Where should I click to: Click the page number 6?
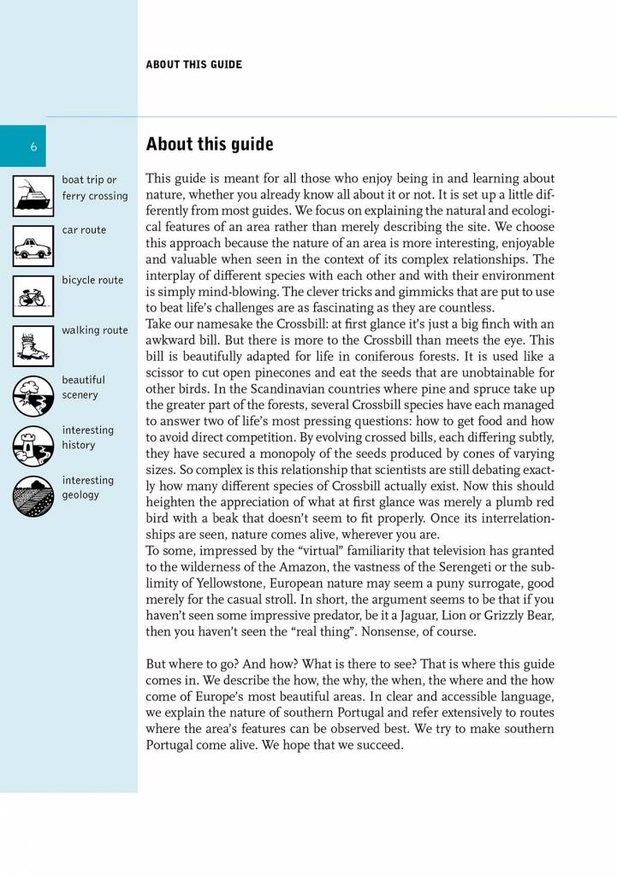33,145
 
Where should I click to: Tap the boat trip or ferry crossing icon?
33,194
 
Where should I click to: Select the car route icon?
33,246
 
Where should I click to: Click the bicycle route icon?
33,295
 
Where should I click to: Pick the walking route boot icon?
33,346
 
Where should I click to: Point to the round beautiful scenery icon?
33,395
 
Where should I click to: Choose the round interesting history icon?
33,446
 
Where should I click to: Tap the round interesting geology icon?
33,496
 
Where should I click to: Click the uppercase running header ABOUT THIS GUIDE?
193,64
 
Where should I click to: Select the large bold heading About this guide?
210,144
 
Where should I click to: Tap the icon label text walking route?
95,330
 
